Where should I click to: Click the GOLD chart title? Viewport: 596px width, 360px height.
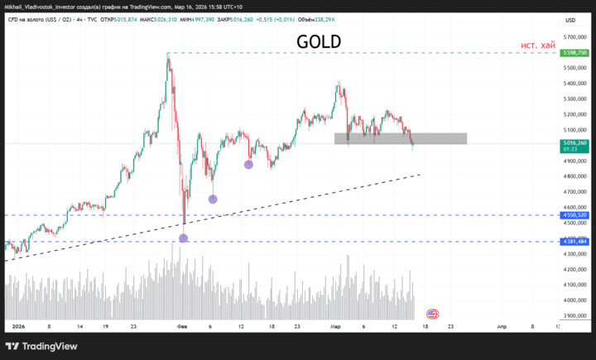click(x=319, y=42)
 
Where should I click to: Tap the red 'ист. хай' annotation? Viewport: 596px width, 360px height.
click(x=537, y=45)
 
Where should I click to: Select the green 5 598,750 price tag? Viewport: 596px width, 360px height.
click(x=574, y=53)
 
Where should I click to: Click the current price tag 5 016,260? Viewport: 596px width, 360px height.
click(x=574, y=142)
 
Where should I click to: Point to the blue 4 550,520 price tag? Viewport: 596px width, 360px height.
click(x=574, y=215)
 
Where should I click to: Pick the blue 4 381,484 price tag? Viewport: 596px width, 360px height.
click(x=574, y=242)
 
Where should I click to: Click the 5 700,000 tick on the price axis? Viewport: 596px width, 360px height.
click(x=574, y=36)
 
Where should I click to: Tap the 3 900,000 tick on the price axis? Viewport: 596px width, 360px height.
click(x=574, y=316)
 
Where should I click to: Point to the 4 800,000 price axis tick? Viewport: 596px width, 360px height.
click(x=574, y=176)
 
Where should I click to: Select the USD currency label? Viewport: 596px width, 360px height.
click(x=570, y=20)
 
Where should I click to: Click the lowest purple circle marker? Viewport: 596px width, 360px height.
click(x=184, y=238)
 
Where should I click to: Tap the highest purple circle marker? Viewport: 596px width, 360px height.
click(x=248, y=165)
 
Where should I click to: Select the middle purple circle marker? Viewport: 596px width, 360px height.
click(x=213, y=199)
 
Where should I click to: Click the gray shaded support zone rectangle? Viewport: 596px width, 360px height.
click(x=401, y=138)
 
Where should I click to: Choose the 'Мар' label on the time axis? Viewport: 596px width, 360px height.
click(x=336, y=327)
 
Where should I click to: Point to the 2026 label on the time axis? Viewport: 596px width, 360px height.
click(x=19, y=327)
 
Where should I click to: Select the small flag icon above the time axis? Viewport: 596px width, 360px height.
click(x=432, y=314)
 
